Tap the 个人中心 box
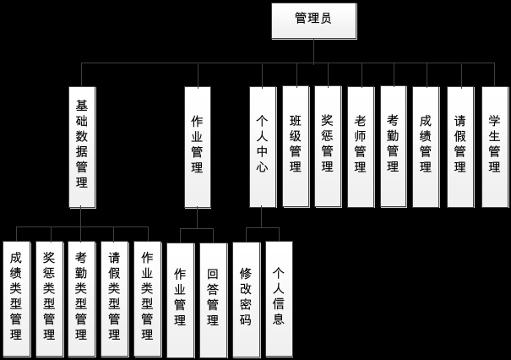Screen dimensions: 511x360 262,145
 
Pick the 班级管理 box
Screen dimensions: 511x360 295,145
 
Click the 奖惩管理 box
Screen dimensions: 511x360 328,145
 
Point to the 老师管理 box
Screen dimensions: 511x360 361,145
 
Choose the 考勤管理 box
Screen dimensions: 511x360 394,145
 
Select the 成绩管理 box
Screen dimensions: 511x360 427,145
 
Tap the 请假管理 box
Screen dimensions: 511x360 460,145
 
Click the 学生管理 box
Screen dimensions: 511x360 494,145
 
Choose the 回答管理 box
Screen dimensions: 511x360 213,298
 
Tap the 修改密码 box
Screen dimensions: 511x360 246,298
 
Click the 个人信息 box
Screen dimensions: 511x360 279,298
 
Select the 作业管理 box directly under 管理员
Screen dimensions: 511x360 197,145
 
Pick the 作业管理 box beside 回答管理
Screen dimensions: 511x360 180,298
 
